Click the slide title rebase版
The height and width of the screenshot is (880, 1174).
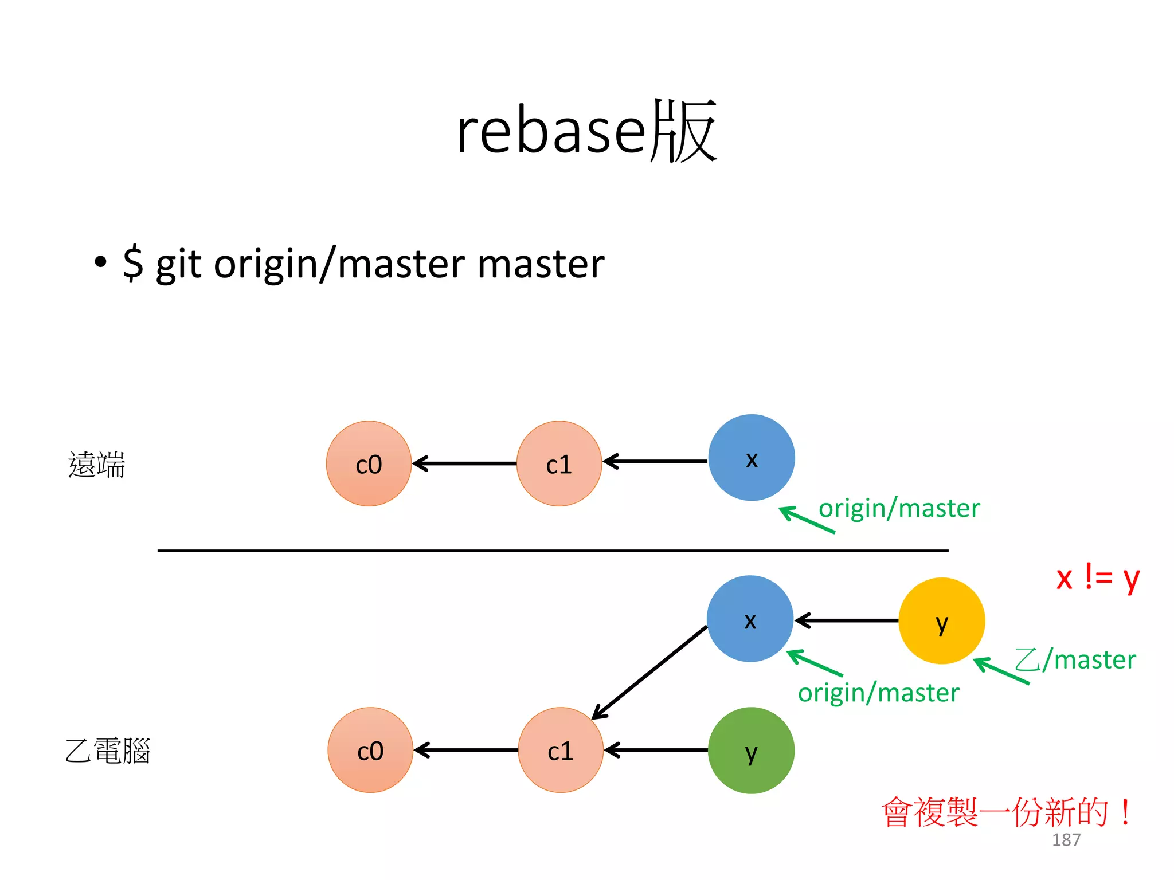[586, 131]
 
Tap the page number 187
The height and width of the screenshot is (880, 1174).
[1066, 840]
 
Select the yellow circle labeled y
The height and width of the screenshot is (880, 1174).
[941, 621]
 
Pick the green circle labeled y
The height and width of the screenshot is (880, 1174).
[751, 751]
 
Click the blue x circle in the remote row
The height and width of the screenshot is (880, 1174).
[751, 458]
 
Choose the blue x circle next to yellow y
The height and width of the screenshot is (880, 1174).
[750, 619]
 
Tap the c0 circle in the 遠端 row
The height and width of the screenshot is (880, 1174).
[369, 463]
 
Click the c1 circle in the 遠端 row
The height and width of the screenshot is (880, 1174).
[559, 463]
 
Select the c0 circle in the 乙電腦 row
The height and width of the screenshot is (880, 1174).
[370, 750]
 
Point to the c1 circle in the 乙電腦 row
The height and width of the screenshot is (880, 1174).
[561, 750]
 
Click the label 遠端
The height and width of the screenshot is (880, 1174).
[96, 465]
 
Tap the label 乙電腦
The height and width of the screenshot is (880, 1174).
[108, 751]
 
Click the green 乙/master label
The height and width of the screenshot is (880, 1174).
[1075, 659]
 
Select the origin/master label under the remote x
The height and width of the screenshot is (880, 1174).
[899, 508]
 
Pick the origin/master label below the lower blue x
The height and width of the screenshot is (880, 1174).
[878, 693]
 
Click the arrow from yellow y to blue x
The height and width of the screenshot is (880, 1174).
[847, 620]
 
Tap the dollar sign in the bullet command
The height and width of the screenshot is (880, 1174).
[133, 263]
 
